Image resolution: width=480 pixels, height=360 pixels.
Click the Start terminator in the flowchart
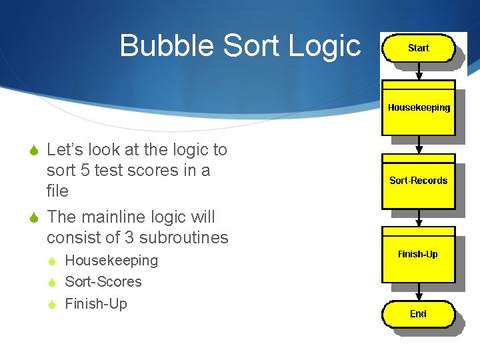[x=418, y=49]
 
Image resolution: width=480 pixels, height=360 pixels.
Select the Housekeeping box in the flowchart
[x=418, y=107]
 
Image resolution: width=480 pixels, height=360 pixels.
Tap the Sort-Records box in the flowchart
[x=418, y=181]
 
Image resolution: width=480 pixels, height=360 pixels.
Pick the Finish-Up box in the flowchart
[x=418, y=254]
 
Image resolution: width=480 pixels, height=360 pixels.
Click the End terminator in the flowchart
[x=418, y=314]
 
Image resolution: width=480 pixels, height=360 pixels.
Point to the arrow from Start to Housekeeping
[x=418, y=71]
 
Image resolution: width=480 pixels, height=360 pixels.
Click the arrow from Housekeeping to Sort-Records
[x=418, y=145]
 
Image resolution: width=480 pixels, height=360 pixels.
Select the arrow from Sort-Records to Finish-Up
[x=418, y=218]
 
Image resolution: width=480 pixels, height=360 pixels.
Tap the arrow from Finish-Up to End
[x=418, y=292]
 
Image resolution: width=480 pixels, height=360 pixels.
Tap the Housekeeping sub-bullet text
[x=111, y=261]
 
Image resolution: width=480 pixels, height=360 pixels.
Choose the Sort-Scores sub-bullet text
[x=103, y=282]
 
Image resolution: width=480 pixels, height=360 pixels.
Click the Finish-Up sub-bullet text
[x=96, y=304]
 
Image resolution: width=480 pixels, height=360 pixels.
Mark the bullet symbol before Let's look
[x=35, y=151]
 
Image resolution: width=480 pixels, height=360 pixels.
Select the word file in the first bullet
[x=57, y=191]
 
